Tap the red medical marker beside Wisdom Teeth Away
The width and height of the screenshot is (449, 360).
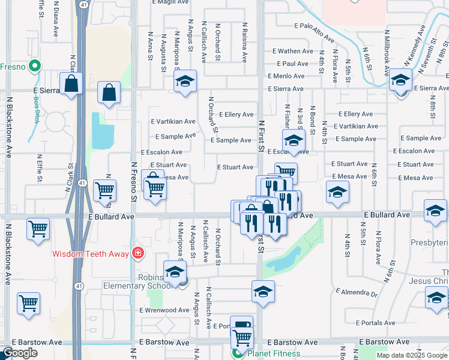(139, 253)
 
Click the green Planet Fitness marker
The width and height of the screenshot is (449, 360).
(238, 353)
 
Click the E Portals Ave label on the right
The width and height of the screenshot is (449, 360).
(375, 323)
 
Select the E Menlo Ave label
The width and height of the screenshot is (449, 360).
(287, 76)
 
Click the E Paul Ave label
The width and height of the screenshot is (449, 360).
(292, 64)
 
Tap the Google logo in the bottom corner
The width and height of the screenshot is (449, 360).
(20, 353)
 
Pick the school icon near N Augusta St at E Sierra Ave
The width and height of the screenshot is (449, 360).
(185, 81)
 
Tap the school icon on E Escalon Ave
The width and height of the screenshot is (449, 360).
(294, 140)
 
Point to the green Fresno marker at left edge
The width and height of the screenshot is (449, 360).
(35, 67)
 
